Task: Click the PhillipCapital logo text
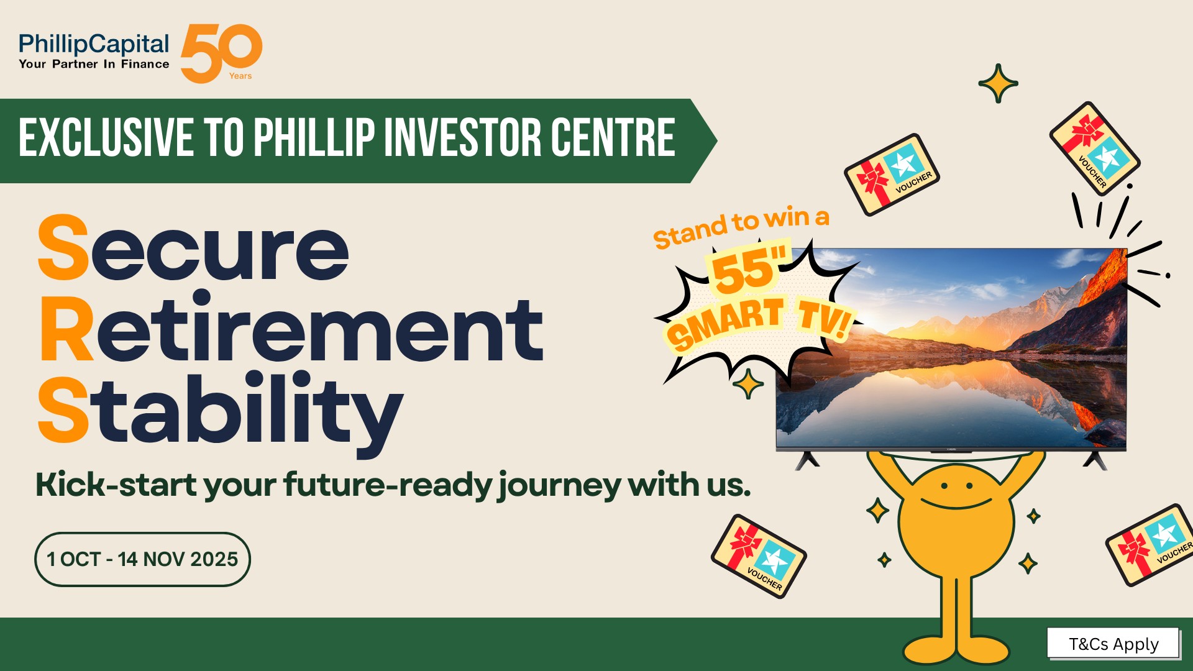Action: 94,44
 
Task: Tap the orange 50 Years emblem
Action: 221,53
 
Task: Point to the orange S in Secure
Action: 63,247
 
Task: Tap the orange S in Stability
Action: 63,409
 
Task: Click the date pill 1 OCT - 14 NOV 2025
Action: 142,559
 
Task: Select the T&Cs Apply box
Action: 1113,644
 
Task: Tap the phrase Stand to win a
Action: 741,227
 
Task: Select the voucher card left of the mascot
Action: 759,557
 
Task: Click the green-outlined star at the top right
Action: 998,83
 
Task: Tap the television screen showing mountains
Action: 951,348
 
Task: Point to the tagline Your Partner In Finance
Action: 94,64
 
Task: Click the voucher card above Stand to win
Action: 892,175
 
